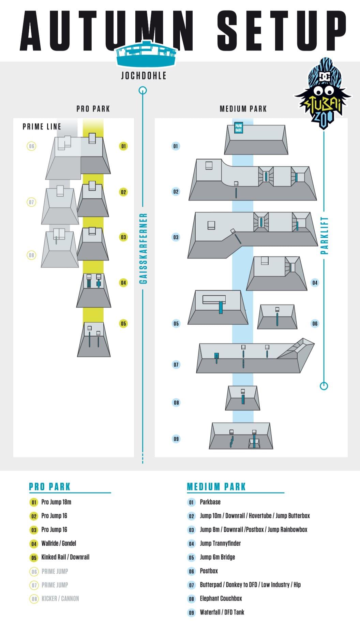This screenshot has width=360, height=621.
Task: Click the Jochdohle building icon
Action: [147, 54]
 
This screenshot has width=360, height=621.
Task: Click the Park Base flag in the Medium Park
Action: [239, 128]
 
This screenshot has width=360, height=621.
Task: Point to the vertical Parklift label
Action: [324, 235]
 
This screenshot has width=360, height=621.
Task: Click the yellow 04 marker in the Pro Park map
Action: [123, 282]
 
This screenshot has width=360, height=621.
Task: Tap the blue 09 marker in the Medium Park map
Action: [176, 439]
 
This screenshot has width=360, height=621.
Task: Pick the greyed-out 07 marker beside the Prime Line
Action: [31, 202]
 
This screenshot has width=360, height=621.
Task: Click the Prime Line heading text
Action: [42, 127]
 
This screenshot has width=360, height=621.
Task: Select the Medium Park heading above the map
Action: [243, 109]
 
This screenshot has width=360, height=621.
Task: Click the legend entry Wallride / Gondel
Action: [59, 543]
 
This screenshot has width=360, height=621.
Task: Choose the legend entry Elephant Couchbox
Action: [221, 598]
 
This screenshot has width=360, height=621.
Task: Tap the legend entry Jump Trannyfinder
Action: [220, 543]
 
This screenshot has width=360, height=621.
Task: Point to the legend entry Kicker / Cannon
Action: [60, 598]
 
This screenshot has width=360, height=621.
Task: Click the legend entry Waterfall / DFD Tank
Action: [222, 612]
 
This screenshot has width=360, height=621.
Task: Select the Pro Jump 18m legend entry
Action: [56, 502]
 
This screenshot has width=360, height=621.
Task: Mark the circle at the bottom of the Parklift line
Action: [324, 386]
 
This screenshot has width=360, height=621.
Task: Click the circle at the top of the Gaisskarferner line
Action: [143, 90]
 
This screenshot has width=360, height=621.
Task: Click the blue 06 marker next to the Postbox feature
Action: [315, 323]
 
